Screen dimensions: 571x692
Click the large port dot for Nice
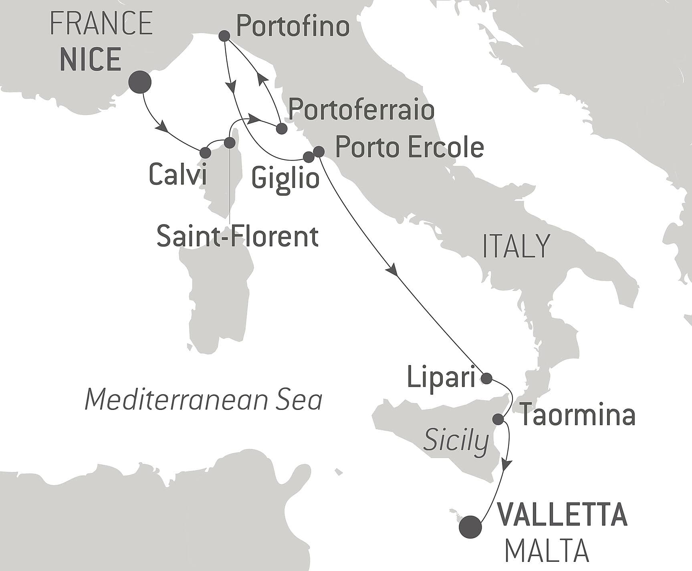(139, 82)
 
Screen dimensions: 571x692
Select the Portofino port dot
(225, 36)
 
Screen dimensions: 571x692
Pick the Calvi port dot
(205, 153)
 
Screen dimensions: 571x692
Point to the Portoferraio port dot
(282, 129)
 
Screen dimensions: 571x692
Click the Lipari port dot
(486, 378)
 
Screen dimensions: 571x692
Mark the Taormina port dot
(498, 419)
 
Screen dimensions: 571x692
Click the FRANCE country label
(101, 23)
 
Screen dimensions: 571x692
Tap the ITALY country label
(516, 246)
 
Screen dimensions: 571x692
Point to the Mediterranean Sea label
(204, 400)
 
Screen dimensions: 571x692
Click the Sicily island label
(456, 441)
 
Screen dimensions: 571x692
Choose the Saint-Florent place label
(237, 236)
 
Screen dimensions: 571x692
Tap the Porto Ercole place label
(409, 147)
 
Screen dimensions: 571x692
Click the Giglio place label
(285, 178)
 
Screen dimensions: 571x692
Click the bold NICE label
(91, 59)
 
